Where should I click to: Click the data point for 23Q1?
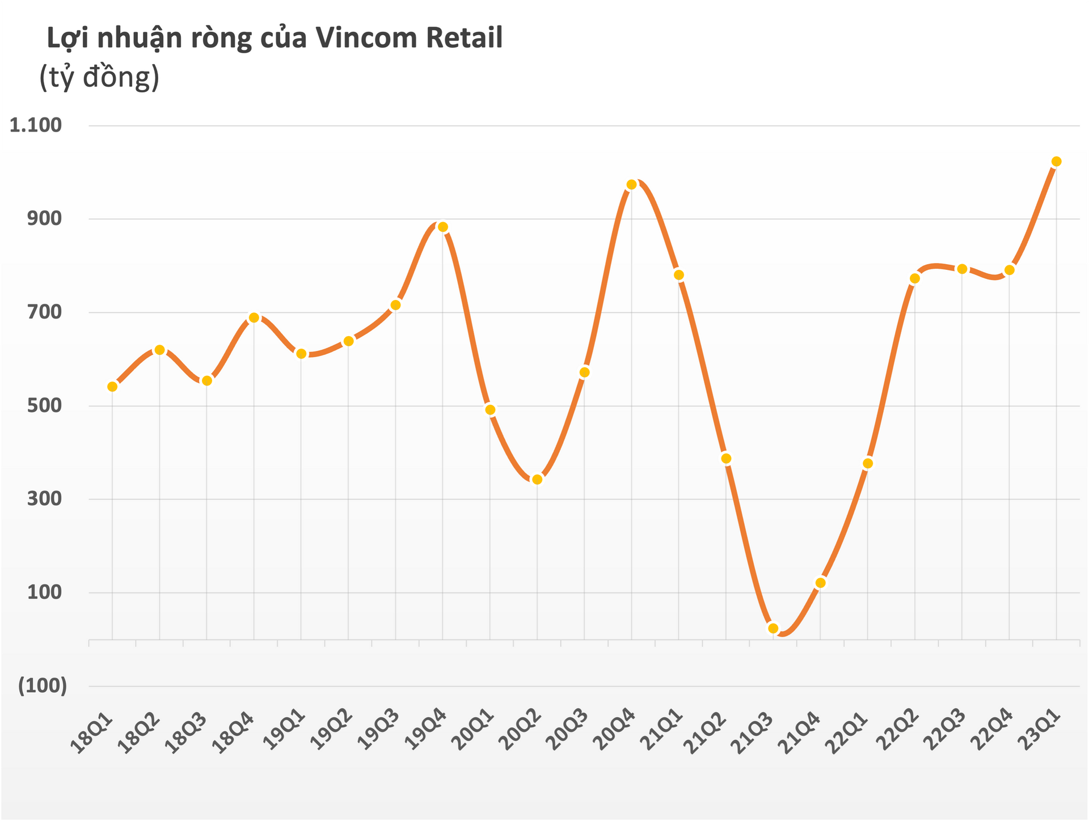click(x=1056, y=162)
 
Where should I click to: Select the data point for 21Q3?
click(x=773, y=628)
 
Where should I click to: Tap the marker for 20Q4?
click(x=632, y=185)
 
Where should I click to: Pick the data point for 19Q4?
click(x=443, y=227)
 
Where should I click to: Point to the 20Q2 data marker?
click(x=537, y=480)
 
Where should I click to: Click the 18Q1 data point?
click(x=112, y=387)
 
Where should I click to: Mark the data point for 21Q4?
click(x=820, y=583)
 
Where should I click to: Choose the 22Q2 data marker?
click(x=914, y=278)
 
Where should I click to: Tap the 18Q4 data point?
click(x=254, y=317)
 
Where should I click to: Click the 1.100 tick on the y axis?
click(x=36, y=125)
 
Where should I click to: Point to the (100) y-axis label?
click(x=43, y=686)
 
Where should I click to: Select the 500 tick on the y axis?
click(x=44, y=406)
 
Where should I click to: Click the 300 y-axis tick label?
click(x=44, y=499)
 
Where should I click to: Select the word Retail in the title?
click(x=464, y=39)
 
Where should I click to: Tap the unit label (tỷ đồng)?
click(x=99, y=77)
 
